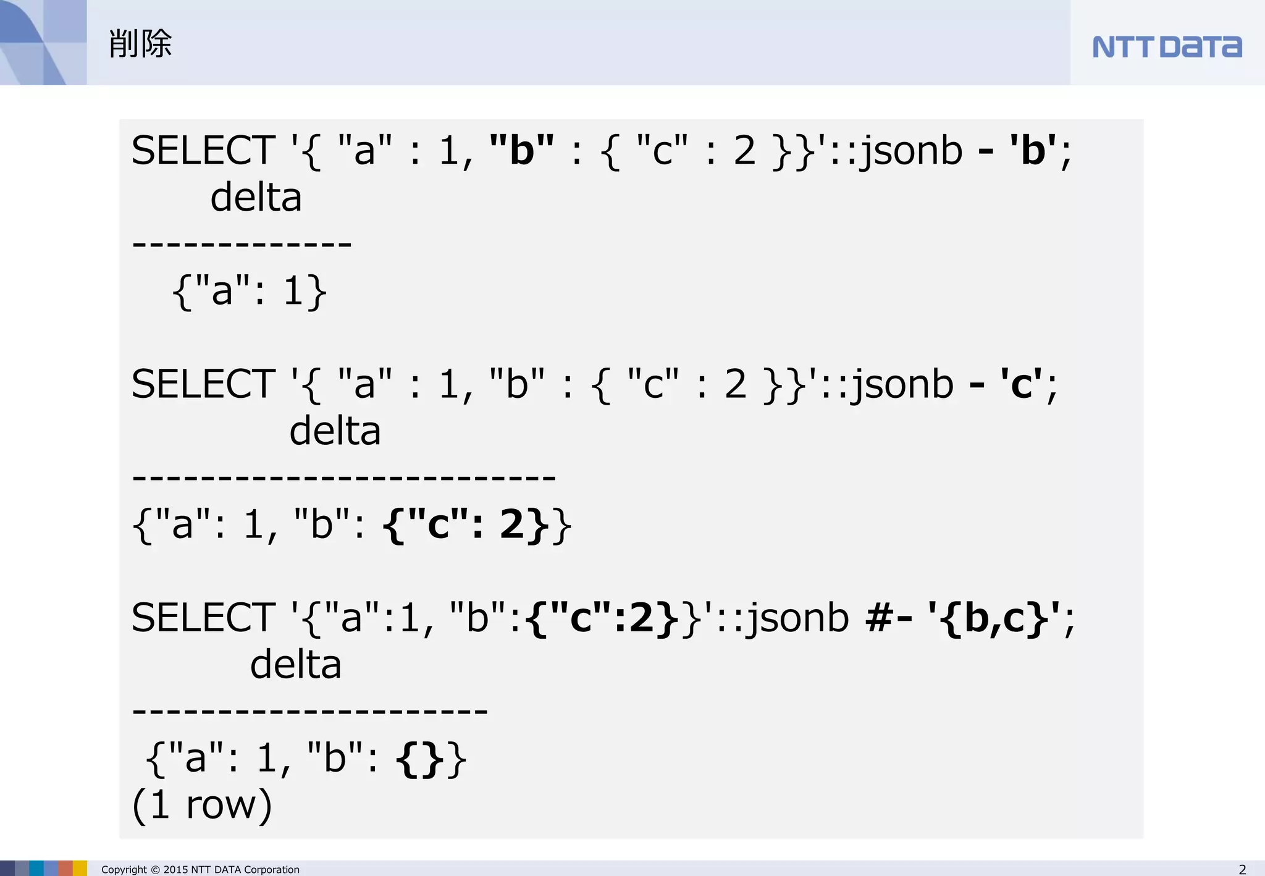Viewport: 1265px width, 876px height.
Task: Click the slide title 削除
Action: [x=140, y=44]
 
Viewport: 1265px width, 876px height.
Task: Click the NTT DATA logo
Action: [x=1167, y=47]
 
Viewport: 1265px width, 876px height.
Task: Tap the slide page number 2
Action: [x=1242, y=869]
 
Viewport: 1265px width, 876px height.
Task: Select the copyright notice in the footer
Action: [x=200, y=869]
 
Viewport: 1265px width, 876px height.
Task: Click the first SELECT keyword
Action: [x=203, y=150]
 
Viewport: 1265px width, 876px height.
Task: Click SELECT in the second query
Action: [x=203, y=384]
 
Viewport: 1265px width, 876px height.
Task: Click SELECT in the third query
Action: [x=203, y=617]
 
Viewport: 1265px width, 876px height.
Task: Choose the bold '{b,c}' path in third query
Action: [x=994, y=617]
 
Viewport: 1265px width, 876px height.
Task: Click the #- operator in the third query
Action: [x=889, y=617]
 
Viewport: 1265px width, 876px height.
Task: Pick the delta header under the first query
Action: [x=256, y=198]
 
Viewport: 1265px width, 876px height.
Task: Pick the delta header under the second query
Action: [x=335, y=431]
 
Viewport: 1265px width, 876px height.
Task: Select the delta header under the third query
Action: [x=295, y=665]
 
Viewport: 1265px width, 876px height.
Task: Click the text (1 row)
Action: [x=202, y=804]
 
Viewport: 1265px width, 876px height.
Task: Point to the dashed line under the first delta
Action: [x=242, y=245]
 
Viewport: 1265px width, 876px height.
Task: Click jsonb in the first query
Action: [x=912, y=150]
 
